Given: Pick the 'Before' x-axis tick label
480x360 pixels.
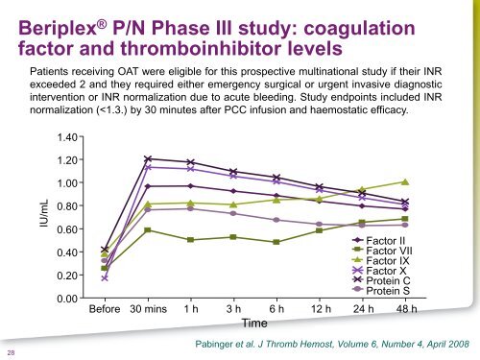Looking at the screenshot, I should coord(105,311).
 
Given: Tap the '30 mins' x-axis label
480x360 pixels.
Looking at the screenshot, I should coord(148,311).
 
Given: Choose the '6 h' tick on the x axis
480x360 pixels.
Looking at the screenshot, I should coord(276,311).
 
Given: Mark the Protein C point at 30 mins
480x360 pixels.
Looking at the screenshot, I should coord(148,158).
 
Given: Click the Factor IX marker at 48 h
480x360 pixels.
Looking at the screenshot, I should coord(406,181).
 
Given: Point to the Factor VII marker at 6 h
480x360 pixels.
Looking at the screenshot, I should coord(276,242).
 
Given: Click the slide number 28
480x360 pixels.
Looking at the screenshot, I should coord(9,351).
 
